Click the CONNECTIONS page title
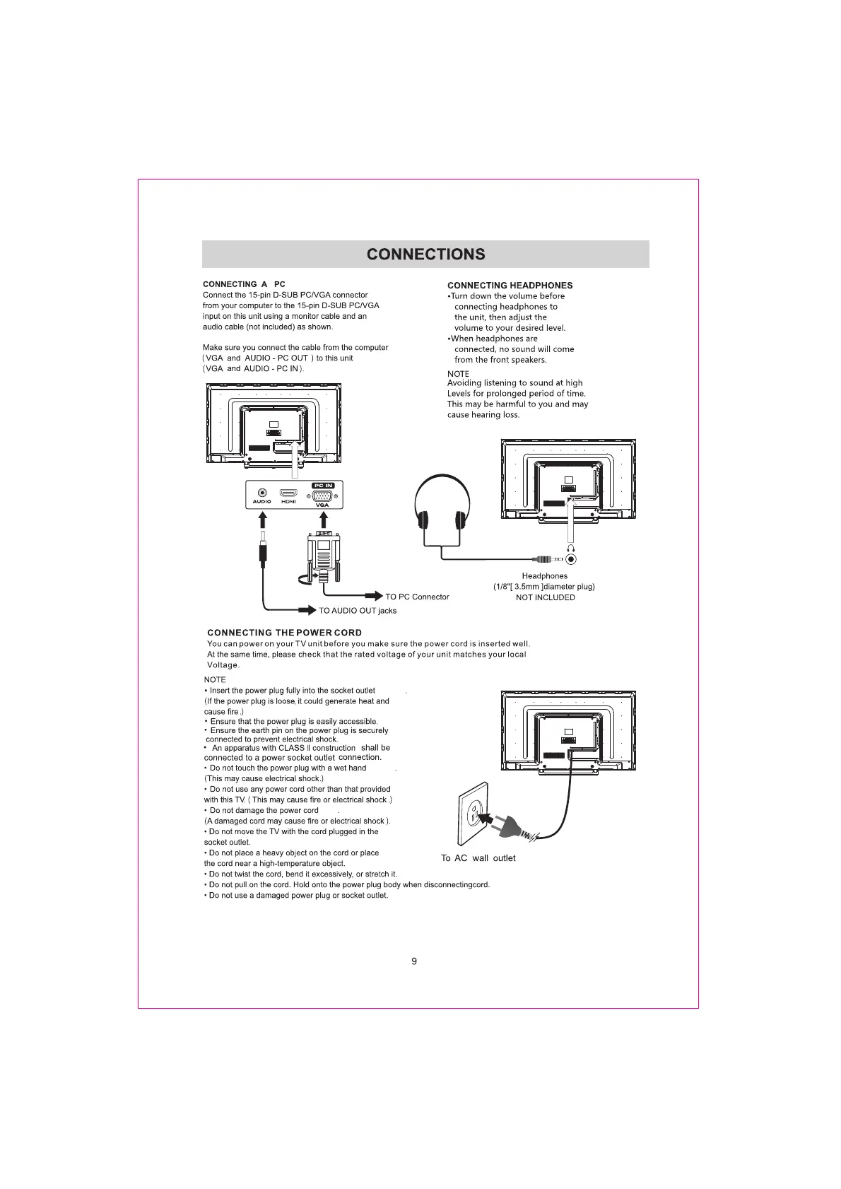425,254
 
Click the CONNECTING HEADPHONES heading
510,286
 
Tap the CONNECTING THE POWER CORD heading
284,633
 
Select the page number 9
414,961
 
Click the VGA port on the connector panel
322,496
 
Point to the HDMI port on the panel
288,493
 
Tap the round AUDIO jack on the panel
262,493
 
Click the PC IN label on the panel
323,486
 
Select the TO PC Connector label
417,597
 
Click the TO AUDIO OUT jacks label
358,611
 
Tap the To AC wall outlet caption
478,858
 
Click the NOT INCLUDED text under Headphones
545,597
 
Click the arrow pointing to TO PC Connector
373,597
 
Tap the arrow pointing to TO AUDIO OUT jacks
307,610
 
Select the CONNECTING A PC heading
244,284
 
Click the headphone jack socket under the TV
571,559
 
